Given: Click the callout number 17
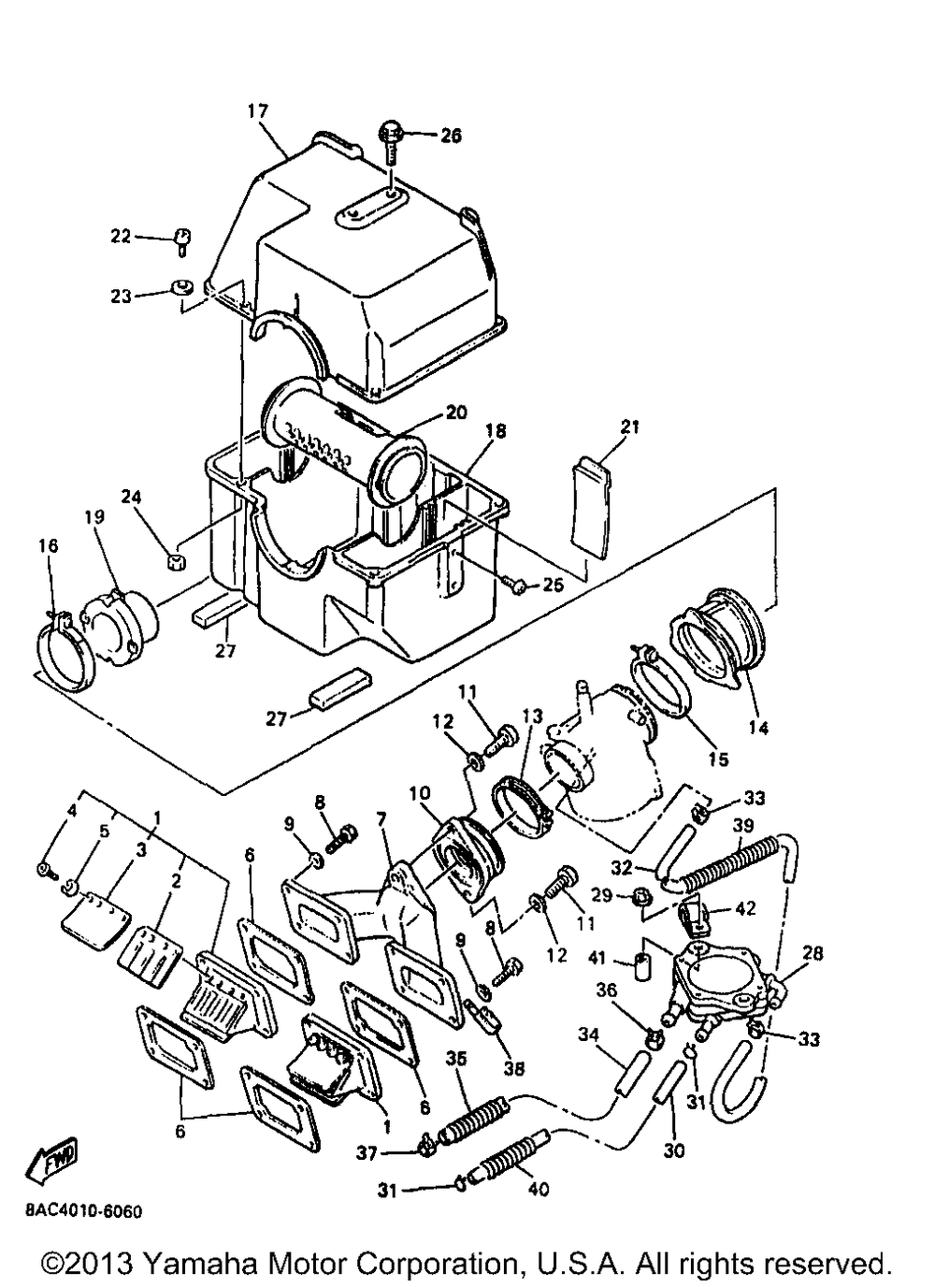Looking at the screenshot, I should (258, 111).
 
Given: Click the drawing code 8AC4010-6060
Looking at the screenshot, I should (84, 1212).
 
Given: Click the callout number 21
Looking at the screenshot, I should (630, 427).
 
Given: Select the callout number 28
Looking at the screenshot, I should (813, 953).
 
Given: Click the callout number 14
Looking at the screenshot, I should (757, 727).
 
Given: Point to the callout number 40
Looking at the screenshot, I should (539, 1190).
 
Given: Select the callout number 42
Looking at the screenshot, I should (745, 907).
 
